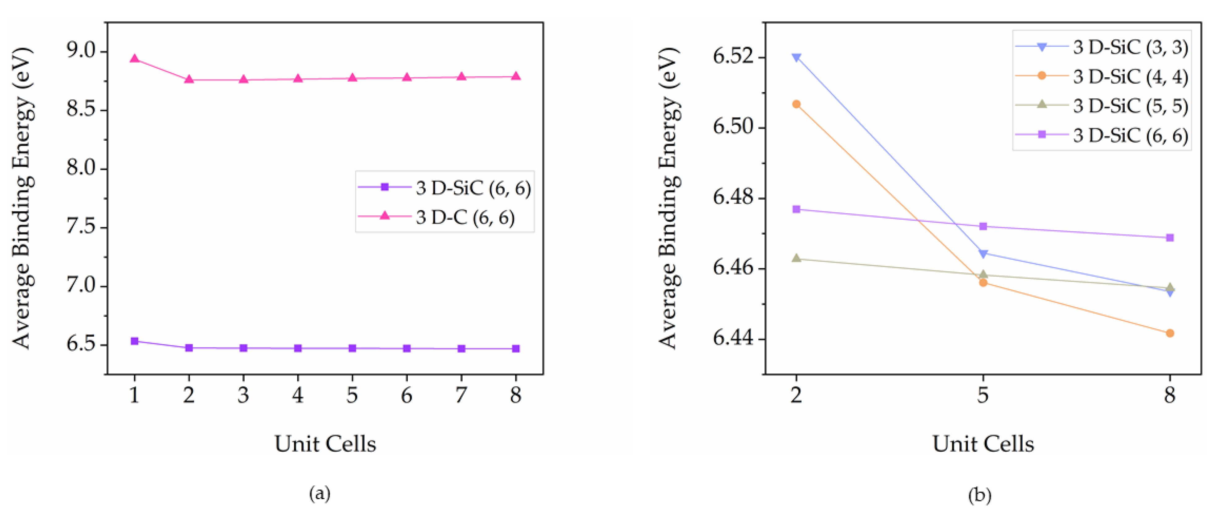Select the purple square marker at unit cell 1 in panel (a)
click(x=134, y=341)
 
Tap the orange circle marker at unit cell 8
click(x=1170, y=333)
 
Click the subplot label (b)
click(x=980, y=495)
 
